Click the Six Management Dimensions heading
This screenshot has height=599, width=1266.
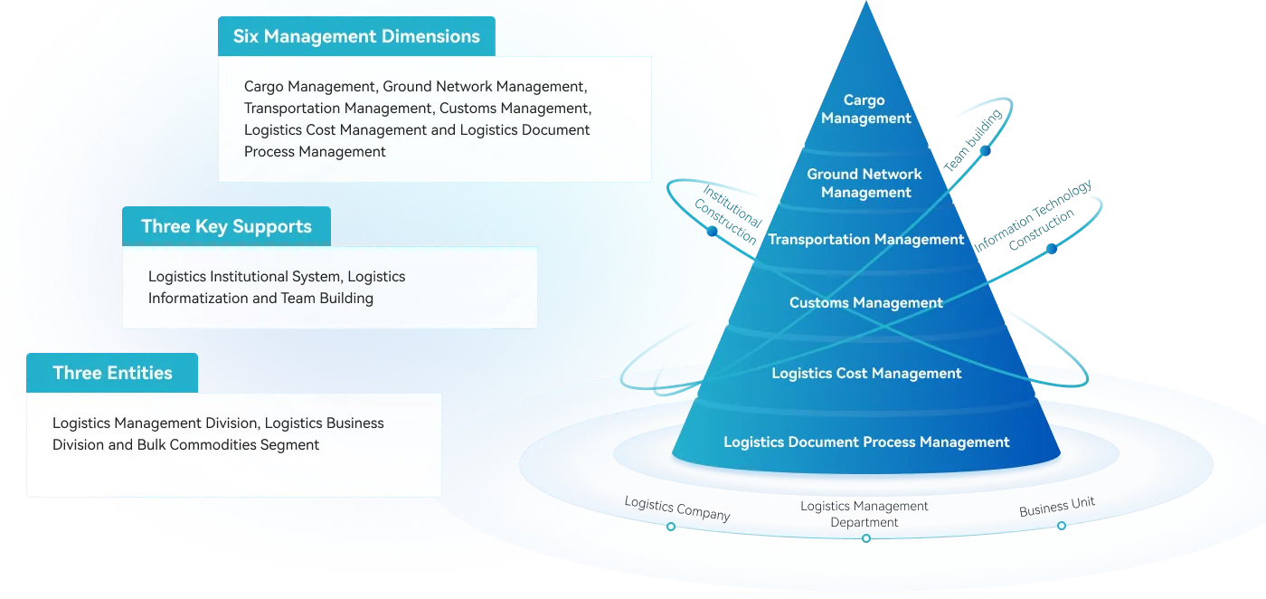pyautogui.click(x=356, y=37)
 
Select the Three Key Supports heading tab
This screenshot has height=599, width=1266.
pyautogui.click(x=226, y=226)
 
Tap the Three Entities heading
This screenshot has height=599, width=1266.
pyautogui.click(x=112, y=373)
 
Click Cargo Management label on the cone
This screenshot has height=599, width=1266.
pyautogui.click(x=865, y=109)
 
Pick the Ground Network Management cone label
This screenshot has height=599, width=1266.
pyautogui.click(x=864, y=183)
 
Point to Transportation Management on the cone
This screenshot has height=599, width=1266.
pyautogui.click(x=866, y=240)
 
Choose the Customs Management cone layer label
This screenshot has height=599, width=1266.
pyautogui.click(x=866, y=303)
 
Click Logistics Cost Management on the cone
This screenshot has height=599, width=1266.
pyautogui.click(x=866, y=374)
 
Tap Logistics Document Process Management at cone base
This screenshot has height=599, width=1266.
pyautogui.click(x=866, y=442)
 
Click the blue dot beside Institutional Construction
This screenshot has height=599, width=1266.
pyautogui.click(x=713, y=232)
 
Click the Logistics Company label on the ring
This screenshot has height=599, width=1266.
pyautogui.click(x=677, y=509)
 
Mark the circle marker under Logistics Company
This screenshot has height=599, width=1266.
pyautogui.click(x=670, y=527)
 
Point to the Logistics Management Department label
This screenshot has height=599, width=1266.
pyautogui.click(x=864, y=514)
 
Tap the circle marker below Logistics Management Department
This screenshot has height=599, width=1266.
pyautogui.click(x=866, y=538)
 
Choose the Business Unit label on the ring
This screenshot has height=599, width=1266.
pyautogui.click(x=1057, y=508)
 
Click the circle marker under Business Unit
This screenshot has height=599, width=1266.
pyautogui.click(x=1062, y=526)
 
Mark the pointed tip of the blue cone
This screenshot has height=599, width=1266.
pyautogui.click(x=866, y=5)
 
